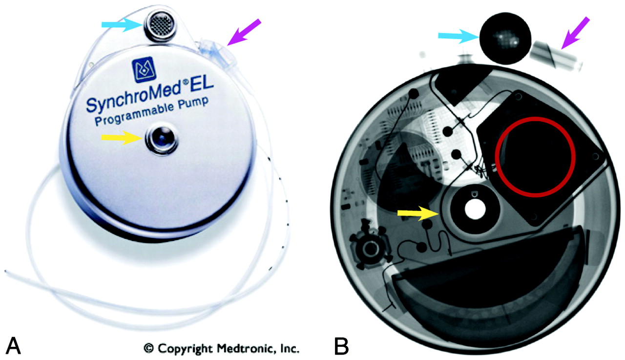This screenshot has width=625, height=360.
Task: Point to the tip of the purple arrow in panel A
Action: click(228, 45)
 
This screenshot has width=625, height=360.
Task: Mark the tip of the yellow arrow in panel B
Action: click(439, 213)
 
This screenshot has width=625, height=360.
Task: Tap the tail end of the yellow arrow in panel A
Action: click(102, 138)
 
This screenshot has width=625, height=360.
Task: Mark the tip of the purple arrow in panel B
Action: click(561, 49)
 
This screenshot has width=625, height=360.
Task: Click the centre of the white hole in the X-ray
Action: click(475, 209)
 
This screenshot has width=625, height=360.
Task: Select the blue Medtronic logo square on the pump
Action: click(144, 69)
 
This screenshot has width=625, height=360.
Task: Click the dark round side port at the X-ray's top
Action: click(505, 39)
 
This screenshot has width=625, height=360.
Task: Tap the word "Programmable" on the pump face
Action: click(134, 115)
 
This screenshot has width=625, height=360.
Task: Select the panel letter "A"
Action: click(13, 345)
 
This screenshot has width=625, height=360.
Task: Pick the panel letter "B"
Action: click(341, 345)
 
